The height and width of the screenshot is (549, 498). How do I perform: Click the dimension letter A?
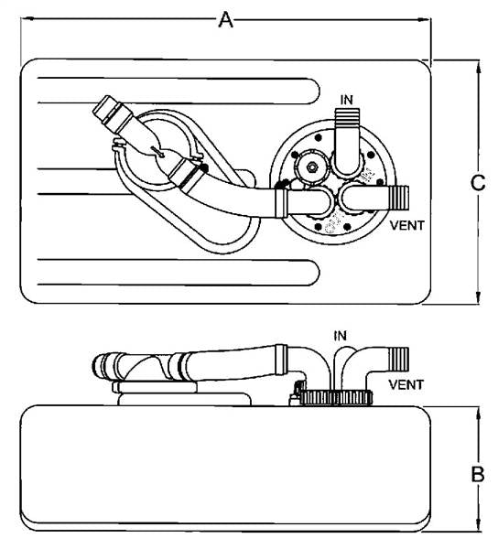(225, 19)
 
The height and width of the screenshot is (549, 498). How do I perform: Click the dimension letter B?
(478, 474)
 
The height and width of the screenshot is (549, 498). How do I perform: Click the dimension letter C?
(478, 182)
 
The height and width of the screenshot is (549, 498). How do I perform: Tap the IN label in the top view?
(346, 100)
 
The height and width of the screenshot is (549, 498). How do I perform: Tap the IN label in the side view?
(340, 336)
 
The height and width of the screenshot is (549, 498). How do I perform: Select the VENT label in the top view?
(407, 225)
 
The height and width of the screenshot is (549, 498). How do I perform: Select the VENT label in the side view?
(406, 385)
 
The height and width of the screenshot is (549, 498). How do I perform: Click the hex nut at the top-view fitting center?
(311, 167)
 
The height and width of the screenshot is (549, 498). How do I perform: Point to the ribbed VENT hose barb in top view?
(399, 198)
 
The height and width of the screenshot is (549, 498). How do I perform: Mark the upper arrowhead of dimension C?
(479, 67)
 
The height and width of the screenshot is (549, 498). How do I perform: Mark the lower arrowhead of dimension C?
(479, 296)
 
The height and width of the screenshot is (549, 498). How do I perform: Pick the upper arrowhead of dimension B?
(479, 414)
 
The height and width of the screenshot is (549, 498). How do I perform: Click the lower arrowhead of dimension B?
(479, 524)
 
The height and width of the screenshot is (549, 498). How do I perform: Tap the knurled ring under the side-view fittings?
(336, 398)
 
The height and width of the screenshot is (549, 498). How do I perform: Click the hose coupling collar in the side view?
(280, 360)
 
